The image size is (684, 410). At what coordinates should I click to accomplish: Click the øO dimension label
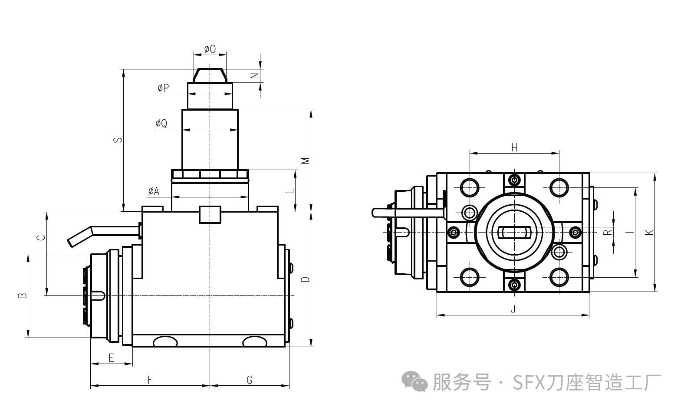210,49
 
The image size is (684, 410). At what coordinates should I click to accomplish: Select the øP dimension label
163,88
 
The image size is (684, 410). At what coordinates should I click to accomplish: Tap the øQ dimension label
161,124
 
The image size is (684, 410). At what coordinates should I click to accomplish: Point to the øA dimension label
154,191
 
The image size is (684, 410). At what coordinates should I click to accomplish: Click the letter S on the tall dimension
118,140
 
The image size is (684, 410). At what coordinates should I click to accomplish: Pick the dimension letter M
306,161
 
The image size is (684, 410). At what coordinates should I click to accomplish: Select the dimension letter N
255,75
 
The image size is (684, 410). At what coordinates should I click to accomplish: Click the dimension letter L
291,191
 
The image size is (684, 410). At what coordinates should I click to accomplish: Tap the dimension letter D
306,279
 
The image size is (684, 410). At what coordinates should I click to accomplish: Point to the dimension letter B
22,296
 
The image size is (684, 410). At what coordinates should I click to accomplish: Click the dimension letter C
40,238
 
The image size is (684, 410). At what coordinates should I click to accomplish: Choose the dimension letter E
111,358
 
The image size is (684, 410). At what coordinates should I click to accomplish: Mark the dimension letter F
150,380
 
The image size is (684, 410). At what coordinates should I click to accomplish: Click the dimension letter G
250,380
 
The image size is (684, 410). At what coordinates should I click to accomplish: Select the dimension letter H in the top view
514,148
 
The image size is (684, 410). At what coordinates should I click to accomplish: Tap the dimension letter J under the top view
513,310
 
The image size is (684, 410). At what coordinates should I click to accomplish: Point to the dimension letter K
649,232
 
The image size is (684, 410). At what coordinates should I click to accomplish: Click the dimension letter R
608,232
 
